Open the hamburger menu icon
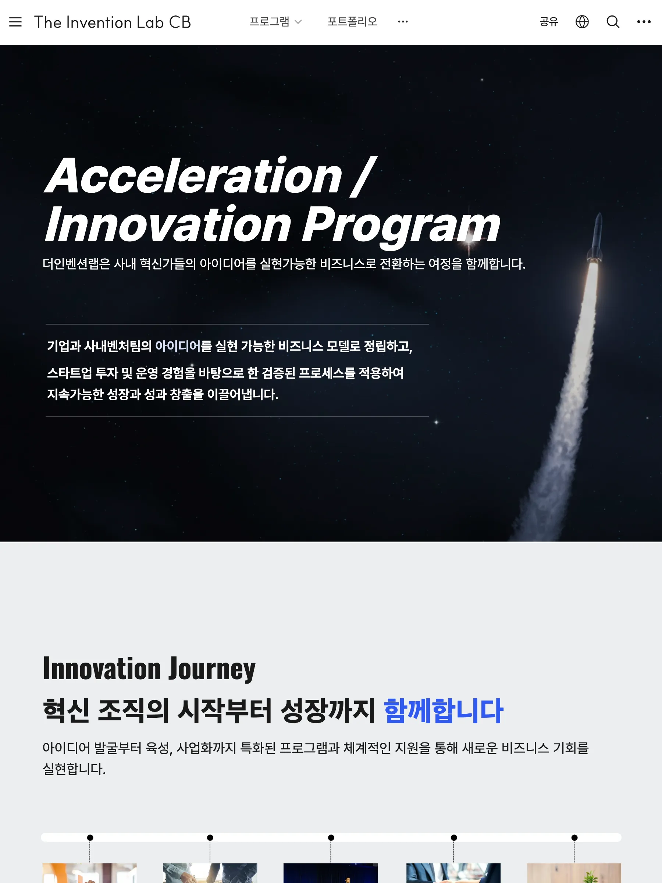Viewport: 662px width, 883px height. [15, 22]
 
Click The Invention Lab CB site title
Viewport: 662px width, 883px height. [113, 22]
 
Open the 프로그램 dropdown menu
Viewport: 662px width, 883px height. [275, 22]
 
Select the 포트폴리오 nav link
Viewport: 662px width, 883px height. [352, 22]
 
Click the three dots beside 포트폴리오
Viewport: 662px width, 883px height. [403, 22]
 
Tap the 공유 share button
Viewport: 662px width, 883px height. [549, 22]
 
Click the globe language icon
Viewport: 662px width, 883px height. [582, 22]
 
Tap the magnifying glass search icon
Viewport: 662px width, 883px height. [613, 22]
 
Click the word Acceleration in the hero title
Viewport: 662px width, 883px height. [194, 175]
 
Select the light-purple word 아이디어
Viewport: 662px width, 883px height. [178, 346]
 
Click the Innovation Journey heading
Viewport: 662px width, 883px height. [149, 669]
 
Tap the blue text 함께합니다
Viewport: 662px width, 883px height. [443, 711]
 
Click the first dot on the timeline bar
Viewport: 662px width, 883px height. [90, 837]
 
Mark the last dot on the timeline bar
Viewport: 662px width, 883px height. [574, 837]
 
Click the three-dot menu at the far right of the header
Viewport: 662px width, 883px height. [644, 22]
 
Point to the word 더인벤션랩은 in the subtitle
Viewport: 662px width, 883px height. [76, 264]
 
